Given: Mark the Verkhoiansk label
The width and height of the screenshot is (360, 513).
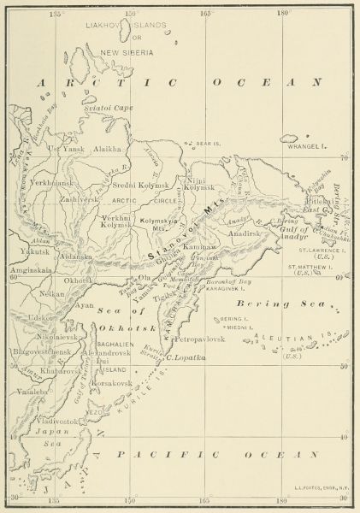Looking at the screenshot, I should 55,184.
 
